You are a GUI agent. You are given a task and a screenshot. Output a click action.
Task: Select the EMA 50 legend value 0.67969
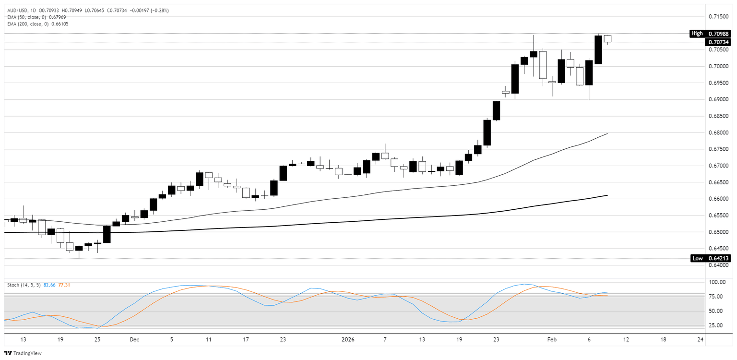tap(59, 17)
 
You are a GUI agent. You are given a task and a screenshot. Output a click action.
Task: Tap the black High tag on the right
tap(697, 34)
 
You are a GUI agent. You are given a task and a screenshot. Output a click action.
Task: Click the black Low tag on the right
tap(698, 258)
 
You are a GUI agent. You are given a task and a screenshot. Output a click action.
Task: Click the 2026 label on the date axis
tap(348, 339)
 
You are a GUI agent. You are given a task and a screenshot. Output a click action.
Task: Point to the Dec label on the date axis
tap(134, 339)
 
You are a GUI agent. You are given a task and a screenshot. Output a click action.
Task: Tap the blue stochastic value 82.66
tap(49, 285)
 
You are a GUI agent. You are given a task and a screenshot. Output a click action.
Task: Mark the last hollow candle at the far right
tap(607, 38)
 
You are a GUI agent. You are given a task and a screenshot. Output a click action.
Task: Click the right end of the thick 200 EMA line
tap(607, 195)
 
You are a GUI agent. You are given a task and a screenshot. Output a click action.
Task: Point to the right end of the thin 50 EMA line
tap(607, 133)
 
